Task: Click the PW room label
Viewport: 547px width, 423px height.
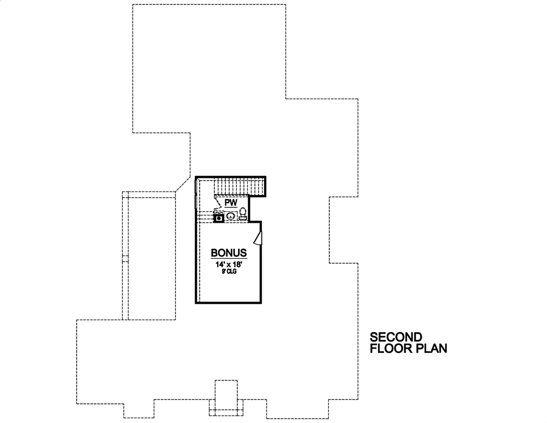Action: pyautogui.click(x=230, y=202)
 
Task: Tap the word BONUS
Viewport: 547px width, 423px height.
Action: pyautogui.click(x=229, y=253)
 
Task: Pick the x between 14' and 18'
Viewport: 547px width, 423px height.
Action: pyautogui.click(x=229, y=265)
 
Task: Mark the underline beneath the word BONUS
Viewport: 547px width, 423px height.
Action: pyautogui.click(x=229, y=258)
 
